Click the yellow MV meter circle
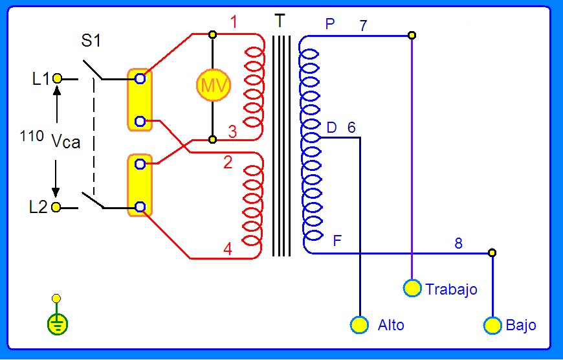click(212, 85)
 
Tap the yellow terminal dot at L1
click(57, 78)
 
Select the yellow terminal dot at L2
click(57, 207)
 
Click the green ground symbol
click(57, 323)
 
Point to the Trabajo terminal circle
click(412, 288)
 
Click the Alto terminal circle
click(359, 324)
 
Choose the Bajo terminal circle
click(492, 324)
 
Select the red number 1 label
click(234, 22)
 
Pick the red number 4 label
click(227, 249)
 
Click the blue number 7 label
click(363, 26)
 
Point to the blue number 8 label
click(458, 243)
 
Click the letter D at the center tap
click(331, 128)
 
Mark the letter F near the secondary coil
click(337, 241)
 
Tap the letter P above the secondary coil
click(330, 25)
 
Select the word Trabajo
click(451, 289)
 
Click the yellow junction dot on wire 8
click(492, 252)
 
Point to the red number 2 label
click(227, 163)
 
